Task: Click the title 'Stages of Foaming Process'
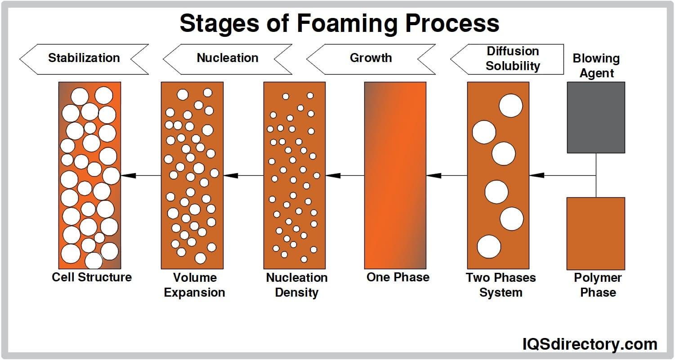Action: click(x=339, y=23)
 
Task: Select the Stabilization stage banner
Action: click(x=84, y=58)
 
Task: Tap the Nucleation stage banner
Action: click(x=228, y=58)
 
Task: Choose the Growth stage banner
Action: click(x=371, y=58)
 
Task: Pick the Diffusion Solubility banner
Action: click(x=512, y=59)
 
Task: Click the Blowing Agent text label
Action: click(x=596, y=66)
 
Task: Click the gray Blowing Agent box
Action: click(x=596, y=117)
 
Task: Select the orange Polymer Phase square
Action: click(x=596, y=233)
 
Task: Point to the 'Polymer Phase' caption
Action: click(x=598, y=285)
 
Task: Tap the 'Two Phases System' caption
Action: click(x=501, y=285)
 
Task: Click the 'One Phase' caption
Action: click(x=398, y=277)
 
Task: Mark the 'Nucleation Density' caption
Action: click(x=297, y=285)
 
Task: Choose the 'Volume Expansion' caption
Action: click(x=194, y=285)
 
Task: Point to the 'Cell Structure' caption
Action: click(x=92, y=277)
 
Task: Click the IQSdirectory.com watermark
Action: click(x=590, y=344)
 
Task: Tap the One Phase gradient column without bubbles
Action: click(x=395, y=175)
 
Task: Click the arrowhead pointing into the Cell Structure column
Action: click(x=129, y=175)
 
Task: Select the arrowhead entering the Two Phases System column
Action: click(x=536, y=175)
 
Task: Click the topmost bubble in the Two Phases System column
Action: click(x=510, y=106)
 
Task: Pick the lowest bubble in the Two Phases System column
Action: click(x=489, y=247)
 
